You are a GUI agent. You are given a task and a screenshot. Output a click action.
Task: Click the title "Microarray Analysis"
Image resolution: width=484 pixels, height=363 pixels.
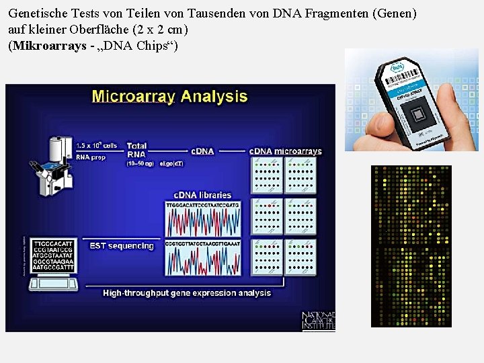coord(169,97)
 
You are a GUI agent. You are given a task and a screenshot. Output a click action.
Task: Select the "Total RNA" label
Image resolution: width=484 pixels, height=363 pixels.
coord(136,149)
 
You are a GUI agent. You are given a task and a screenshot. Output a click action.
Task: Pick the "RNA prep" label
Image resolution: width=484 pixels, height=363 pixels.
coord(91,157)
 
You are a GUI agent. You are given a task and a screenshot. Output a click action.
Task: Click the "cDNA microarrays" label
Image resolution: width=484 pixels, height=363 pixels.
coord(285,151)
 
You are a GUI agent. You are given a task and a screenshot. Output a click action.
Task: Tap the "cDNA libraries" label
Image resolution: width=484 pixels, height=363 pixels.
coord(202,195)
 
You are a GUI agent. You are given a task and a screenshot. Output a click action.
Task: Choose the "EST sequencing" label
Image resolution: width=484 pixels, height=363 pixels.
coord(122,246)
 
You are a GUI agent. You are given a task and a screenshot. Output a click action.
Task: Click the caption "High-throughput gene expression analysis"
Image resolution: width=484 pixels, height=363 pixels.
coord(187,293)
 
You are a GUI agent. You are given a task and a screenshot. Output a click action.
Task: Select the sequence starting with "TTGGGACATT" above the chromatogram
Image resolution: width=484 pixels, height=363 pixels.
coord(203,204)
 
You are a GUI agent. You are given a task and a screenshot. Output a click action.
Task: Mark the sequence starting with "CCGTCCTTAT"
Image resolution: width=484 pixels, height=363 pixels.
coord(203,243)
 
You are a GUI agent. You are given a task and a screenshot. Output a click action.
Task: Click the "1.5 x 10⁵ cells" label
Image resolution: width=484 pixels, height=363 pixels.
coord(96,145)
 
